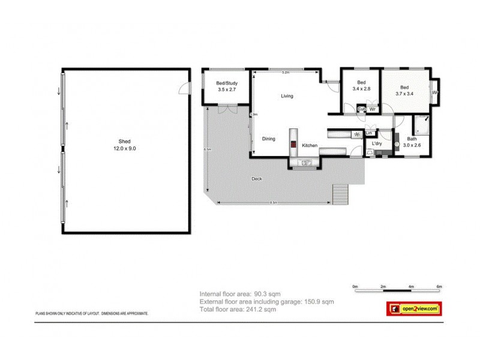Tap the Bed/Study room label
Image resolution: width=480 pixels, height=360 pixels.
226,86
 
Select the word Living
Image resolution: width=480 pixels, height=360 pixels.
287,96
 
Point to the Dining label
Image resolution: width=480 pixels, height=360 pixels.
268,139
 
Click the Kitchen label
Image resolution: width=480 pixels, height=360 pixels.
310,146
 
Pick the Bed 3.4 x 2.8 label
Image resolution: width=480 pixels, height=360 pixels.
361,86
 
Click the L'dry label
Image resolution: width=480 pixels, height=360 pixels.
377,144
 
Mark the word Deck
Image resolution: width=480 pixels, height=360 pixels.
257,179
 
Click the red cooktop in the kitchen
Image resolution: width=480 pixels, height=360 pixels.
293,144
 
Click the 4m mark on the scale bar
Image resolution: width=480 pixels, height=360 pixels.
411,287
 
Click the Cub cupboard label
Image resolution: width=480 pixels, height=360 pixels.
361,109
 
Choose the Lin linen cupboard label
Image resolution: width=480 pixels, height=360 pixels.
369,133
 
